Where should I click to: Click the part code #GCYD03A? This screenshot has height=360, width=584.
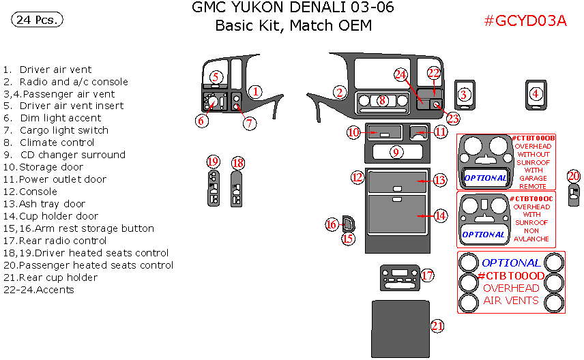coord(525,20)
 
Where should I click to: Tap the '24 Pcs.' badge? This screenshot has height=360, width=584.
coord(37,20)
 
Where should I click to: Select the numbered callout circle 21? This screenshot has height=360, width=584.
coord(437,327)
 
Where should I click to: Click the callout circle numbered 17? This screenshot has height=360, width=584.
coord(427,275)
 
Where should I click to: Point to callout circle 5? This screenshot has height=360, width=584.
coord(216,77)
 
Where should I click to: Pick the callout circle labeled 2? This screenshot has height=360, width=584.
coord(339,92)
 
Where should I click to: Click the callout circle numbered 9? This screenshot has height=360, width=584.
coord(396,151)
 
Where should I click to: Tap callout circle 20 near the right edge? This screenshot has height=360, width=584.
coord(574,175)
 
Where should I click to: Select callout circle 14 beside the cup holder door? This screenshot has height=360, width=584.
coord(440,215)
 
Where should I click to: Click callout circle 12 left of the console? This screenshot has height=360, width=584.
coord(357,177)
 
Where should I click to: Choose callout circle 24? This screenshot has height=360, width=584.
coord(400,74)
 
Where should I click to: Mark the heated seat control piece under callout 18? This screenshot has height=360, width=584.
coord(237,189)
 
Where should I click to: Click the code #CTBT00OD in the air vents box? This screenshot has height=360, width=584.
coord(511,275)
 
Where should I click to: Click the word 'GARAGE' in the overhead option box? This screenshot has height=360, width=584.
coord(533,178)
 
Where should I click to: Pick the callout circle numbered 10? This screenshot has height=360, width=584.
coord(353,133)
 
